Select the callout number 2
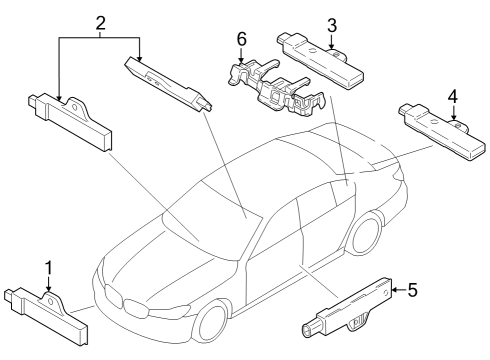(100, 22)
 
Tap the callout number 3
(332, 25)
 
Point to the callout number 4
(453, 97)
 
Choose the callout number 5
(412, 291)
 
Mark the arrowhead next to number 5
(395, 291)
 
